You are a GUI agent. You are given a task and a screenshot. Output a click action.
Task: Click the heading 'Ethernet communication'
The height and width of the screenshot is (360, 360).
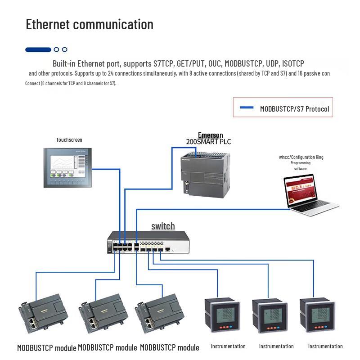coord(90,24)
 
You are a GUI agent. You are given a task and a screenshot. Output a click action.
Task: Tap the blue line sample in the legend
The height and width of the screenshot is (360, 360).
coord(247,108)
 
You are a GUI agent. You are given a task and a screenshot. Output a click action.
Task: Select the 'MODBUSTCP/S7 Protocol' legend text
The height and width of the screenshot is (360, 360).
coord(294,109)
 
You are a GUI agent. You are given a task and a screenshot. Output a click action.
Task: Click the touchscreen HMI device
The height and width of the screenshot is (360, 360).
coord(70,167)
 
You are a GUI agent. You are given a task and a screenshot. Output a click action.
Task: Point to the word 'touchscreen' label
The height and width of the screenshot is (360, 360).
coord(69,140)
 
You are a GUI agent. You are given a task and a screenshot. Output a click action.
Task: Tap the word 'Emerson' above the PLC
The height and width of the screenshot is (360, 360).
coord(210,135)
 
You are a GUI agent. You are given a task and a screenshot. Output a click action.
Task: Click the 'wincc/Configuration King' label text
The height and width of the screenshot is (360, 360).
coord(301,157)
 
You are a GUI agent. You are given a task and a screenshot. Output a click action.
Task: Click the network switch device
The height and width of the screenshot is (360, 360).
coord(148,243)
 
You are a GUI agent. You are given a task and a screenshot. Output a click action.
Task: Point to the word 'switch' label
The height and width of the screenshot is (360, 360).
coord(163,226)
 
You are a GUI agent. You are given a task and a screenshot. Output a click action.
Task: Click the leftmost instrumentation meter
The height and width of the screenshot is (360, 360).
coord(224,316)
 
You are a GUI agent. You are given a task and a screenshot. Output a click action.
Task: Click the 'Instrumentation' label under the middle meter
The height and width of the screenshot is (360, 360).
coord(276,346)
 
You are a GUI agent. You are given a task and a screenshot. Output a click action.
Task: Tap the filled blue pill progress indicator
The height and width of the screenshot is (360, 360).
coord(38,49)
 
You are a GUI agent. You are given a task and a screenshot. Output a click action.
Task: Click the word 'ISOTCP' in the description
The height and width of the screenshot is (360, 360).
coord(293,63)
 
